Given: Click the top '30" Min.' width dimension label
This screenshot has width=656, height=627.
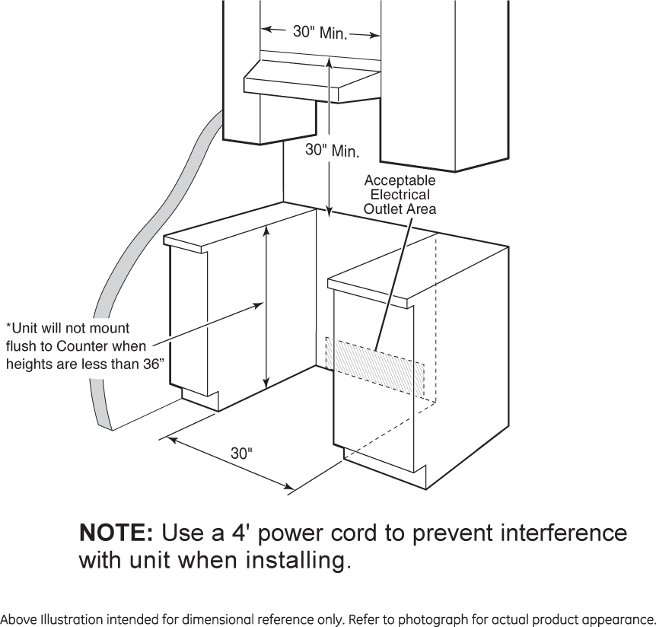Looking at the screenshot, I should pos(320,33).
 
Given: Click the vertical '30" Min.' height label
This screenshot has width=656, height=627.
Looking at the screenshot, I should pos(332,151).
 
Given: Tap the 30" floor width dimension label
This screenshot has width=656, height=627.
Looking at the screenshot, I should pos(241,454).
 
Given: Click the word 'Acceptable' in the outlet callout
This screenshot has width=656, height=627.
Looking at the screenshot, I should pos(400,181).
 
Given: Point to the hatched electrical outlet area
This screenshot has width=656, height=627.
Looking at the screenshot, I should pos(375,366).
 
